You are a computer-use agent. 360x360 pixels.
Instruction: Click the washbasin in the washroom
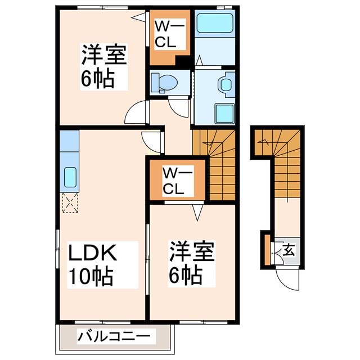pyautogui.click(x=226, y=84)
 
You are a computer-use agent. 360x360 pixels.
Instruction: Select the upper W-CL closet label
pyautogui.click(x=166, y=33)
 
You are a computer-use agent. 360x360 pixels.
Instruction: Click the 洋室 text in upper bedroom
pyautogui.click(x=104, y=56)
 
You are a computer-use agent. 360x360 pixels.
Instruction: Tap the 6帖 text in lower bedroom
pyautogui.click(x=186, y=275)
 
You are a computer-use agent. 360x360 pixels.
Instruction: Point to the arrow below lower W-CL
pyautogui.click(x=198, y=212)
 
